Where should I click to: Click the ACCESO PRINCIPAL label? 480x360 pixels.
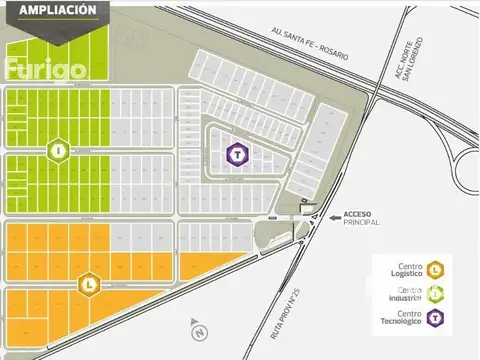363,218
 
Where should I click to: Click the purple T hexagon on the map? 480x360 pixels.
235,154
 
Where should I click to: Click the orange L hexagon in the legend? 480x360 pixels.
437,269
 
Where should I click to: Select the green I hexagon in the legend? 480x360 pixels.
437,293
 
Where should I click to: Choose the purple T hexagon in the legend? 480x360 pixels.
437,318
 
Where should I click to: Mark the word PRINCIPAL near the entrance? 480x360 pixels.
363,223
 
